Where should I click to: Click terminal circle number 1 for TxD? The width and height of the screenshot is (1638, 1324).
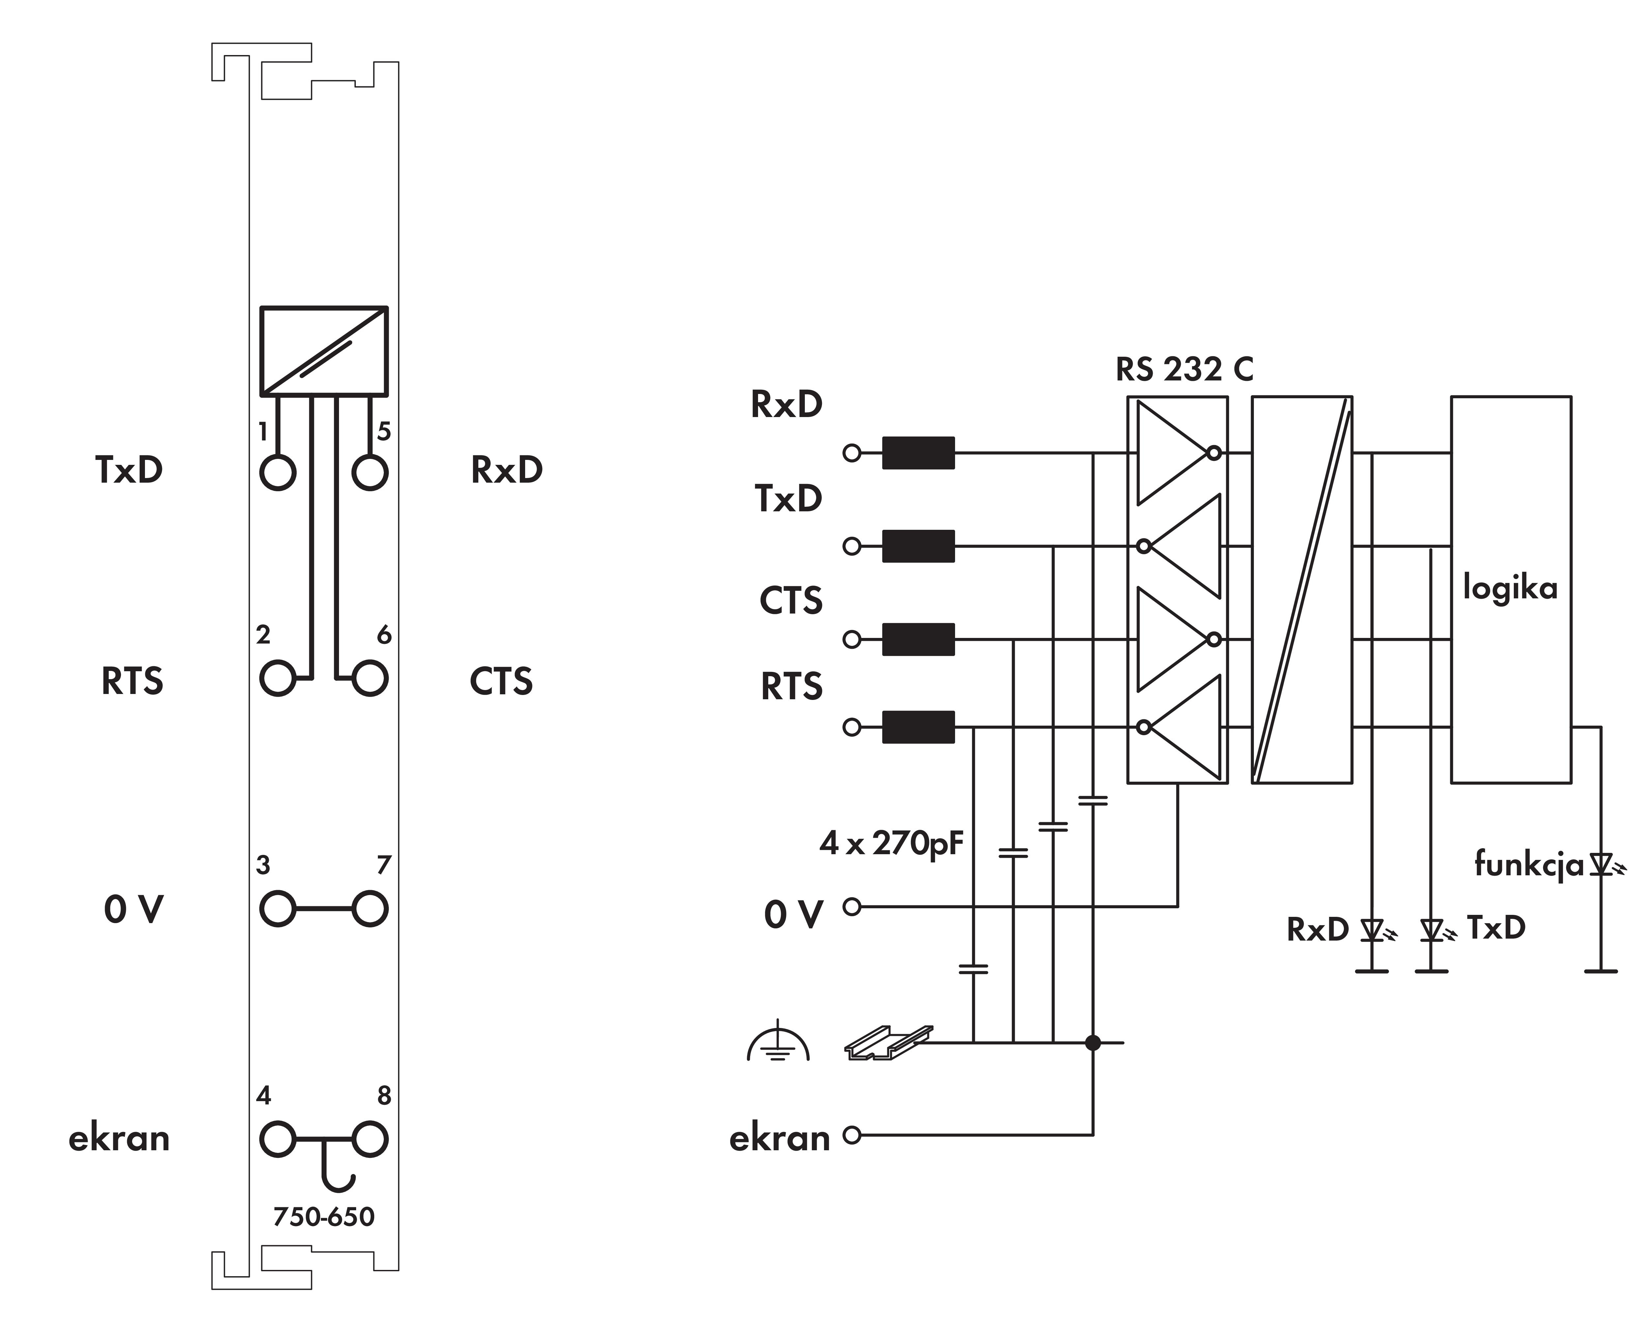coord(277,473)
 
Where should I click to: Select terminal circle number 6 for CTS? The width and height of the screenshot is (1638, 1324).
coord(370,678)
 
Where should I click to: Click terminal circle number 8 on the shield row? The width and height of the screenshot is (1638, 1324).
coord(370,1139)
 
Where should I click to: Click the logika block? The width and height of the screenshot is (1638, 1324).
coord(1510,589)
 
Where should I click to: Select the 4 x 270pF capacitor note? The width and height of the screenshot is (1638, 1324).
coord(891,844)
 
